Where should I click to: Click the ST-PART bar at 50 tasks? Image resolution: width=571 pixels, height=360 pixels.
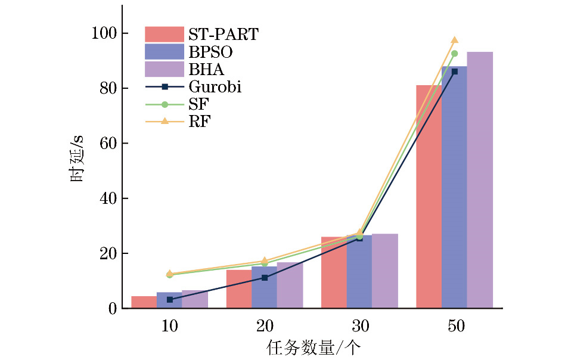pyautogui.click(x=429, y=197)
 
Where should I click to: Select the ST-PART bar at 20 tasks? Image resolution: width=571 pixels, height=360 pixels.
pyautogui.click(x=239, y=289)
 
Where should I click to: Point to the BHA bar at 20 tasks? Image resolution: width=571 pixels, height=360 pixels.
pyautogui.click(x=290, y=285)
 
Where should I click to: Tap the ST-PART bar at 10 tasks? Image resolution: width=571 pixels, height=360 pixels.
pyautogui.click(x=144, y=302)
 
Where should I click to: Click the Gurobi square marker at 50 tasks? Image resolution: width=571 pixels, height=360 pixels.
pyautogui.click(x=454, y=72)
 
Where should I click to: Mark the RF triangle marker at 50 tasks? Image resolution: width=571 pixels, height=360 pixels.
pyautogui.click(x=454, y=40)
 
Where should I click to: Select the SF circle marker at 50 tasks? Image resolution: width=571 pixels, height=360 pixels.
pyautogui.click(x=454, y=54)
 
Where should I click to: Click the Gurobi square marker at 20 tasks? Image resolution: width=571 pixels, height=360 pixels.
pyautogui.click(x=265, y=278)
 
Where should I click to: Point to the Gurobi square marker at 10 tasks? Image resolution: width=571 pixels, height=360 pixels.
pyautogui.click(x=170, y=299)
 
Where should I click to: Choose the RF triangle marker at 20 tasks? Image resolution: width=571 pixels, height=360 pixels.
pyautogui.click(x=265, y=261)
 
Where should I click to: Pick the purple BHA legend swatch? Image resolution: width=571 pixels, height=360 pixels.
pyautogui.click(x=165, y=69)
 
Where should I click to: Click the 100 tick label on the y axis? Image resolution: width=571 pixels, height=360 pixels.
pyautogui.click(x=103, y=33)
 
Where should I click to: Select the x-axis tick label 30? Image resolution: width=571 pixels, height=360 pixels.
pyautogui.click(x=359, y=327)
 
